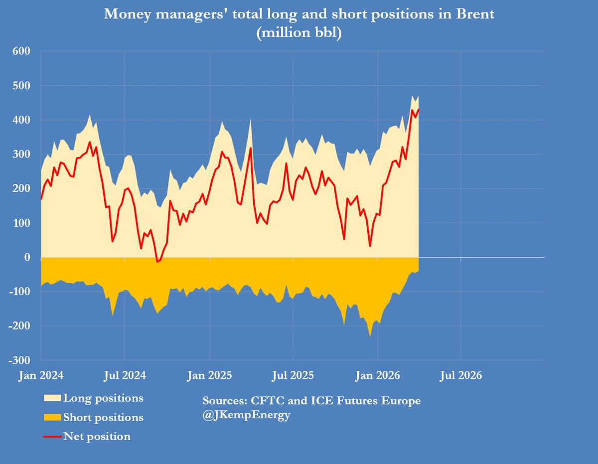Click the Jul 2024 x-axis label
[125, 375]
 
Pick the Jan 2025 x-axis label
[209, 375]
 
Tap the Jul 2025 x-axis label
[293, 375]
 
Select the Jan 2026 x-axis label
[377, 375]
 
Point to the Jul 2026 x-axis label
[461, 375]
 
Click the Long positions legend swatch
[53, 398]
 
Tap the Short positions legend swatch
[53, 417]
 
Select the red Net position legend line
[53, 437]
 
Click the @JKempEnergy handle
[246, 415]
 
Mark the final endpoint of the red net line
[419, 110]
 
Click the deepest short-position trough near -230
[370, 336]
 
